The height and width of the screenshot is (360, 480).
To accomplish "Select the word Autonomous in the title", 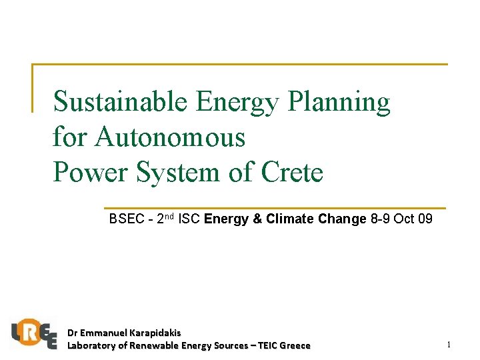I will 170,137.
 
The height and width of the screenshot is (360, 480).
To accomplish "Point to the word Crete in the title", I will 292,172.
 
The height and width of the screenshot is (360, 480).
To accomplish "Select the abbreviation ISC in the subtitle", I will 191,219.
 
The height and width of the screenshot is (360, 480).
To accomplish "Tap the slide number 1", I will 449,345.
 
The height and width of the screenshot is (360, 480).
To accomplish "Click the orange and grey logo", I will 33,333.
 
